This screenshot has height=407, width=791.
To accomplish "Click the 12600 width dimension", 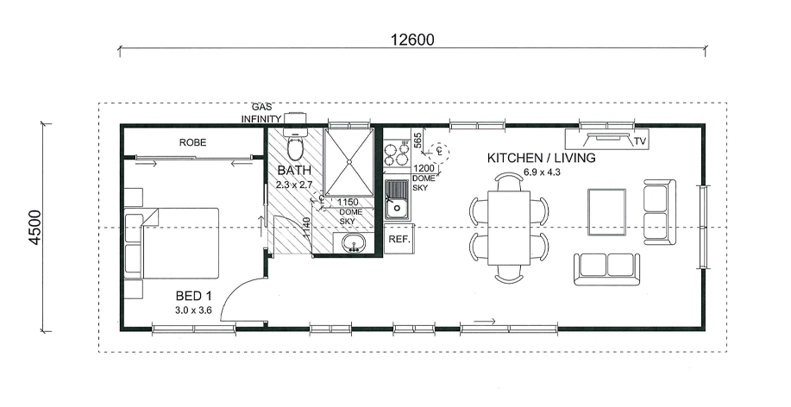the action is click(x=412, y=40).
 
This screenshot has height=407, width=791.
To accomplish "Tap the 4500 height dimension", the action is click(x=35, y=228).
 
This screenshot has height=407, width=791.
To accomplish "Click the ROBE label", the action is click(x=192, y=143).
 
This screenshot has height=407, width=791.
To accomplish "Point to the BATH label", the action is click(x=294, y=170).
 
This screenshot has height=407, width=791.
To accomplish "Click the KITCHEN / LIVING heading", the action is click(x=542, y=158).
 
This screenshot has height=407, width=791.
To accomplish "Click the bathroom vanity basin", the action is click(x=354, y=243).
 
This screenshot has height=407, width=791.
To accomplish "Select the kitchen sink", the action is click(x=398, y=200).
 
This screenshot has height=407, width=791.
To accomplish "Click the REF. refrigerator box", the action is click(x=399, y=240).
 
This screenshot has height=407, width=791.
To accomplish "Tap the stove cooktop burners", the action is click(x=396, y=154).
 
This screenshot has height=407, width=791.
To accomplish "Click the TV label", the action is click(x=640, y=141).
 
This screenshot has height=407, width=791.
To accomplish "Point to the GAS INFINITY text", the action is click(x=261, y=113).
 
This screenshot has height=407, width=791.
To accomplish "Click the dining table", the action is click(x=509, y=228).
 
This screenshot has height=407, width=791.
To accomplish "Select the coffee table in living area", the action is click(x=607, y=212).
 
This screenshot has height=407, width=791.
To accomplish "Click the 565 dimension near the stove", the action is click(x=417, y=140).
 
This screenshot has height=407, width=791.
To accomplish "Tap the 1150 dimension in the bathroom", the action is click(x=348, y=203).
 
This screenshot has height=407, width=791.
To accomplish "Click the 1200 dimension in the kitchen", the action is click(x=424, y=168).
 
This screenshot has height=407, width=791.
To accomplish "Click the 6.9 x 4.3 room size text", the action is click(x=542, y=172).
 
